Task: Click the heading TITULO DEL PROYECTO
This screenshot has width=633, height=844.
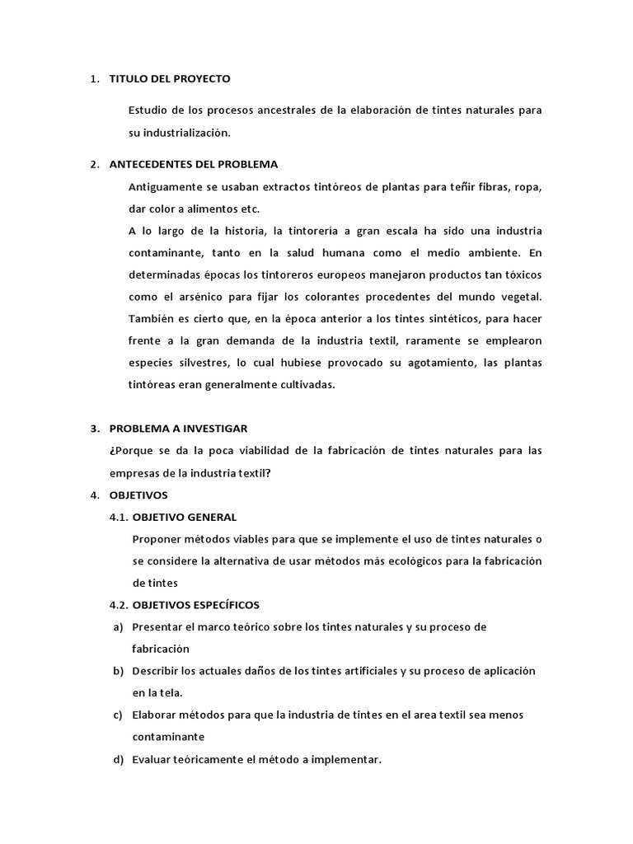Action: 170,79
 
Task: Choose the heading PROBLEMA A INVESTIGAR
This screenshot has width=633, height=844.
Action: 178,429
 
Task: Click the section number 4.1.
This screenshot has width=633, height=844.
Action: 120,518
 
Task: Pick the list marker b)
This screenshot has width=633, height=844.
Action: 118,671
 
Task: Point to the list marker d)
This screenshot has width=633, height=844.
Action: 118,759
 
